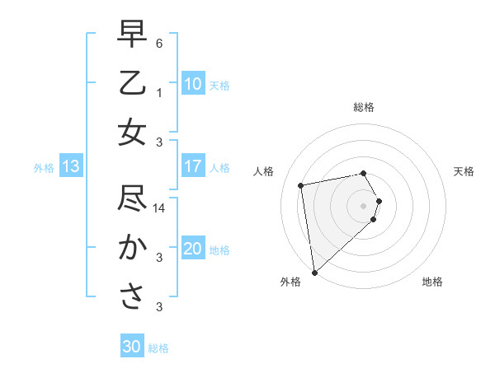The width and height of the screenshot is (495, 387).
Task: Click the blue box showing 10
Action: [x=193, y=83]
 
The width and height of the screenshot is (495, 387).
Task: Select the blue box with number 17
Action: [x=193, y=166]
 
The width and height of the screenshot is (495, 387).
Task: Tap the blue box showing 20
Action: [x=193, y=249]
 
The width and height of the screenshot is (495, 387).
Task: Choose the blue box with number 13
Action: [x=71, y=167]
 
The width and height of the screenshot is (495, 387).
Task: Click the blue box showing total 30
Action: [x=132, y=347]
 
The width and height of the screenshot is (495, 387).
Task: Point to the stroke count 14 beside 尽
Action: [x=161, y=209]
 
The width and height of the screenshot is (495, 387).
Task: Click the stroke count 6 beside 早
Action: [x=159, y=42]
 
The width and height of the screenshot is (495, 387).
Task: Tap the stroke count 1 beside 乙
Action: [x=159, y=92]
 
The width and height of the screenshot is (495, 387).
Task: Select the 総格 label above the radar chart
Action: [x=363, y=107]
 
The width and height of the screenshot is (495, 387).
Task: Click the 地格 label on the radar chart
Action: [x=432, y=282]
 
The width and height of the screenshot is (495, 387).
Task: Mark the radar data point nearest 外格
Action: [x=314, y=273]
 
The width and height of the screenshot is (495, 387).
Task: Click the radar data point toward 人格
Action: [x=301, y=185]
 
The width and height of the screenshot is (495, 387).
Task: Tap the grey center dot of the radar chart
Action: [x=363, y=205]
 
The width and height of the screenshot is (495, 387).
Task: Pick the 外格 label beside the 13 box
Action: [x=44, y=168]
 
